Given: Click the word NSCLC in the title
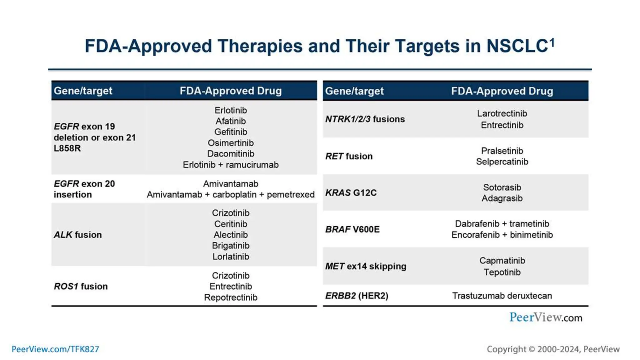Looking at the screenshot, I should click(517, 46).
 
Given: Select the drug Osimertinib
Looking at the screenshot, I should click(231, 143).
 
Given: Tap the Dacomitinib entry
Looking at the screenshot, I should click(231, 154).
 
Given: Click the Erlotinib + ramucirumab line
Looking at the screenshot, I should click(231, 165).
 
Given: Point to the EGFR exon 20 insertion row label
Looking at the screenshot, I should click(84, 189).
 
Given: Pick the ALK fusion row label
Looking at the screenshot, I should click(78, 235).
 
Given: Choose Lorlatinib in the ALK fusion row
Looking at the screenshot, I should click(231, 257).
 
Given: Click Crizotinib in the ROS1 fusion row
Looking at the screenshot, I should click(231, 276).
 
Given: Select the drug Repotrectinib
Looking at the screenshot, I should click(231, 297).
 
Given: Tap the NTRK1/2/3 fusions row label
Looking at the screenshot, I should click(365, 119).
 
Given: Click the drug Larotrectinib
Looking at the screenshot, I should click(502, 113).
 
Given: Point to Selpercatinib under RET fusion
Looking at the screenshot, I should click(502, 162).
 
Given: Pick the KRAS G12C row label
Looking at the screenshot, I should click(351, 193).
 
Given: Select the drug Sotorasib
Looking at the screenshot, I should click(502, 187).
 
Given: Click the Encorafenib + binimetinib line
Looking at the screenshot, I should click(502, 235).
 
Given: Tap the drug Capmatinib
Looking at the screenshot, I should click(502, 261).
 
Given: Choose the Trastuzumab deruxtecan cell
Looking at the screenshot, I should click(502, 296).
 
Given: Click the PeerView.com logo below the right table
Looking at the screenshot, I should click(546, 317).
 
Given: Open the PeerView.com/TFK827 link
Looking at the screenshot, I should click(55, 349).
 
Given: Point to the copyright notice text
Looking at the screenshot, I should click(553, 349).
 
